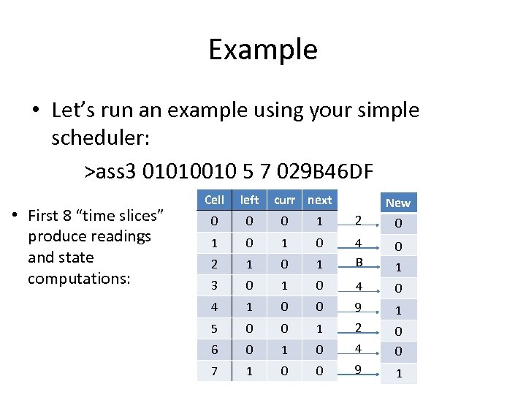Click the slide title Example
point(263,50)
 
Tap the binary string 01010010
point(184,172)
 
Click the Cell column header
point(214,200)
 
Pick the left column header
point(250,200)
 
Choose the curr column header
point(284,200)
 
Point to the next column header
point(319,200)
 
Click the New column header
point(398,203)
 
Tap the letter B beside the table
point(359,262)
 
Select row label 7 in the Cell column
point(214,371)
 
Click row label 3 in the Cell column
point(214,285)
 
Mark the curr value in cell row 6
point(284,350)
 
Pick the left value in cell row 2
point(250,263)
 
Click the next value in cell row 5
point(319,328)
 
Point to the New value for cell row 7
point(398,374)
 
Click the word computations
point(79,279)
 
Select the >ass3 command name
point(111,172)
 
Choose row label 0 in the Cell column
point(214,221)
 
